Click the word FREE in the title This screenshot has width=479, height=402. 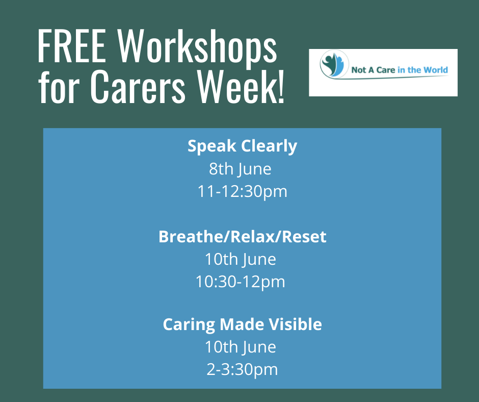coord(72,46)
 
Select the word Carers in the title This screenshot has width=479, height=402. coord(138,86)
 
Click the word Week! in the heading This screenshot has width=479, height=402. coord(241,86)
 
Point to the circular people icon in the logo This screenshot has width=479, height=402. coord(334,64)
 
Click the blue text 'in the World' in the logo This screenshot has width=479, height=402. coord(423,70)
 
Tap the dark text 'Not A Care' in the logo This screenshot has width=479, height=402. coord(373,70)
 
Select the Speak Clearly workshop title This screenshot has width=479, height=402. coord(242,146)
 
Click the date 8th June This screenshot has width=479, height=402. coord(240,169)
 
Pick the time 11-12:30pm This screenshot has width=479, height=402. coord(242,192)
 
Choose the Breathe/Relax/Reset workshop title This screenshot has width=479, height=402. coord(242,237)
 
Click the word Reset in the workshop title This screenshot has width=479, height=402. coord(304,237)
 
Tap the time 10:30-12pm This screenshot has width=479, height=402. coord(240,282)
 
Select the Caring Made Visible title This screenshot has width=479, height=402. coord(242,324)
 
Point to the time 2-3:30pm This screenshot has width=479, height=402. coord(242,369)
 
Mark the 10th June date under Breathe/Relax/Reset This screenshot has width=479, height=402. coord(241,260)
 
